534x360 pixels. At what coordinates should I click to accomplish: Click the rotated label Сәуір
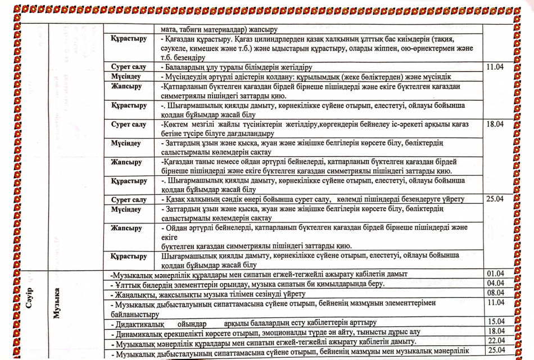pos(30,297)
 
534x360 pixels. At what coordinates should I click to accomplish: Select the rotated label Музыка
pos(57,303)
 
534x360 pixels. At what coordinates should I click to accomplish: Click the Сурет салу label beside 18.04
pos(129,125)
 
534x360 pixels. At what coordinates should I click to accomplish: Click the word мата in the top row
pos(169,29)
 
